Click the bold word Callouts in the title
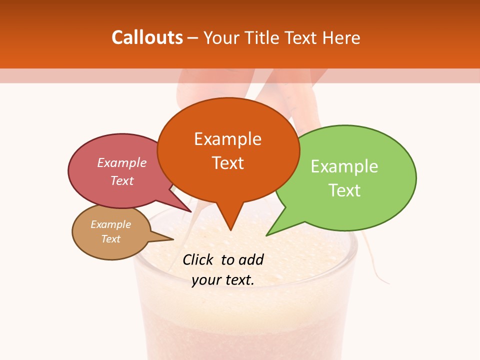(x=147, y=37)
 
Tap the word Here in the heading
(x=342, y=38)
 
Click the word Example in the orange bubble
(x=227, y=139)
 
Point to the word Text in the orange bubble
(x=228, y=163)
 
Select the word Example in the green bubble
(x=344, y=166)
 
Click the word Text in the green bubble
(x=345, y=190)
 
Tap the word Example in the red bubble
(x=122, y=163)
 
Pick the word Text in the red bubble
(x=122, y=180)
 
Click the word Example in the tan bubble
(x=111, y=224)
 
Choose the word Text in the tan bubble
(x=111, y=239)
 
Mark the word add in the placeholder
(x=251, y=259)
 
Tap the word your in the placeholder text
(x=206, y=280)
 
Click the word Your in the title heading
(x=220, y=38)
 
